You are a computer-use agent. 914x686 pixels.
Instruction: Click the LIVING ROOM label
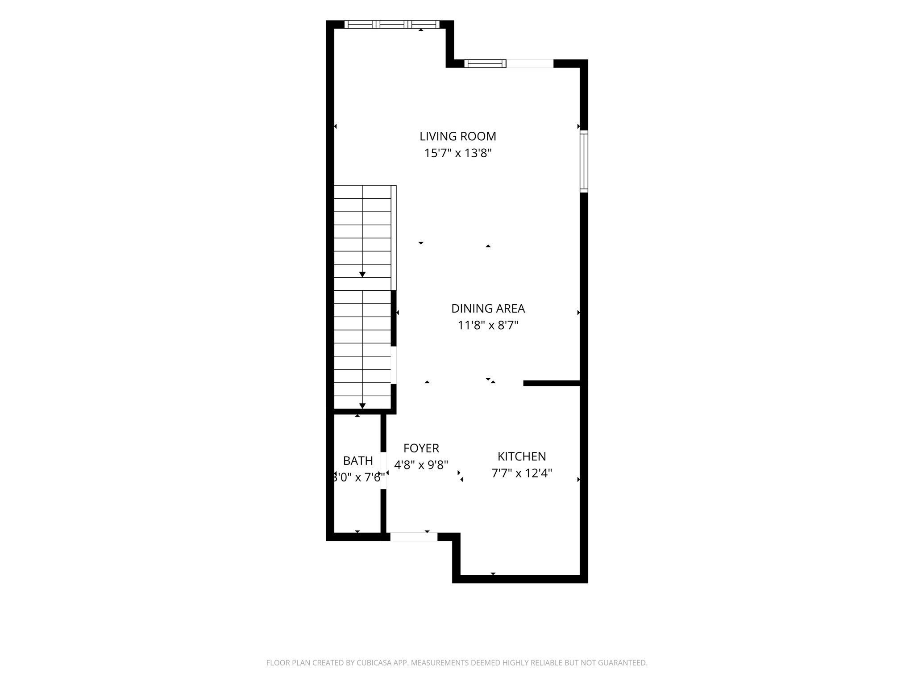pyautogui.click(x=457, y=136)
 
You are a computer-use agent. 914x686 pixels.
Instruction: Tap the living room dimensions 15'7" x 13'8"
pyautogui.click(x=457, y=153)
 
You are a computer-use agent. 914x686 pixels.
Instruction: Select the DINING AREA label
pyautogui.click(x=488, y=309)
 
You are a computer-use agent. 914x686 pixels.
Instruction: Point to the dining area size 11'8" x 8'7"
pyautogui.click(x=488, y=325)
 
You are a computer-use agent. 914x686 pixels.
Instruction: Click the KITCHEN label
pyautogui.click(x=522, y=456)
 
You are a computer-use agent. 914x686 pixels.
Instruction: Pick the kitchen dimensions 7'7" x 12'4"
pyautogui.click(x=522, y=473)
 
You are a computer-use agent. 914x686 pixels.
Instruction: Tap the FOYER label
pyautogui.click(x=421, y=448)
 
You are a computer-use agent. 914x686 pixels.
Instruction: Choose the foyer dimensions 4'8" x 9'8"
pyautogui.click(x=421, y=465)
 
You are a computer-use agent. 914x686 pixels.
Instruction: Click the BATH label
pyautogui.click(x=358, y=460)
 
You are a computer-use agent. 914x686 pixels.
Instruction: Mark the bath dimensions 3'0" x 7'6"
pyautogui.click(x=359, y=477)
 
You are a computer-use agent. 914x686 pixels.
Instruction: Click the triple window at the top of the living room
pyautogui.click(x=391, y=25)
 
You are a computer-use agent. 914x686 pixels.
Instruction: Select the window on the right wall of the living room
pyautogui.click(x=584, y=161)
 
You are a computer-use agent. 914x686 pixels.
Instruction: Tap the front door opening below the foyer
pyautogui.click(x=414, y=537)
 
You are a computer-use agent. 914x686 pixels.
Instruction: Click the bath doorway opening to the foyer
pyautogui.click(x=383, y=471)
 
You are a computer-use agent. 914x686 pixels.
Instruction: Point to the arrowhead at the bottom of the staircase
pyautogui.click(x=362, y=406)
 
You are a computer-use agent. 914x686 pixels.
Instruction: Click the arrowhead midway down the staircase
pyautogui.click(x=362, y=274)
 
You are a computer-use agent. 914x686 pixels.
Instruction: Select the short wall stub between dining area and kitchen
pyautogui.click(x=552, y=383)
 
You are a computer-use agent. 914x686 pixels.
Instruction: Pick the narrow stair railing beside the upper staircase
pyautogui.click(x=394, y=238)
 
